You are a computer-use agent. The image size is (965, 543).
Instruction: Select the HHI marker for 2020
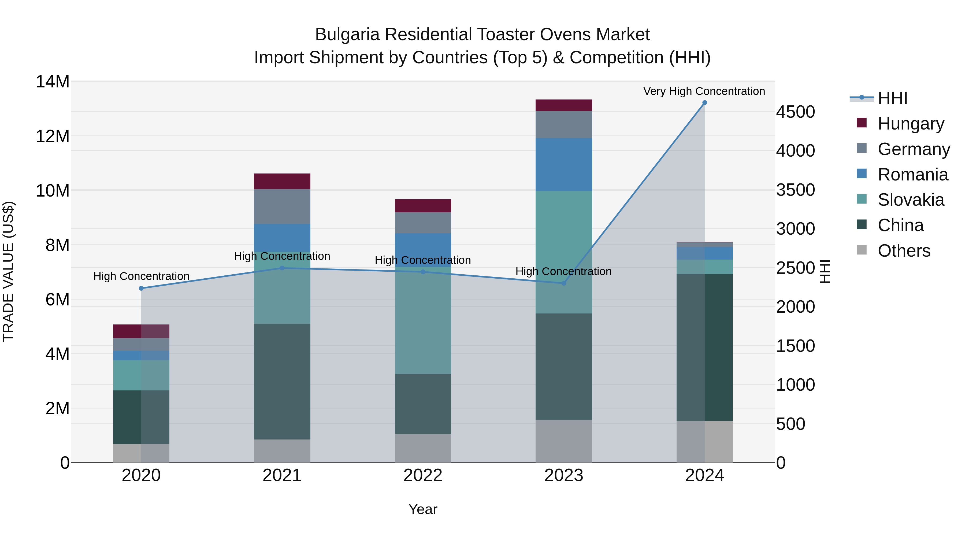point(141,288)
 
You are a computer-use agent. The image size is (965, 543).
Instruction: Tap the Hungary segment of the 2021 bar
point(282,181)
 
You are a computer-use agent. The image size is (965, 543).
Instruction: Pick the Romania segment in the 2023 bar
point(563,165)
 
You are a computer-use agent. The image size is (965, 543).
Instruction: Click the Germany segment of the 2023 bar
point(563,124)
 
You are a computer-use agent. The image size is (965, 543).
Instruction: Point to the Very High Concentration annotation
point(704,91)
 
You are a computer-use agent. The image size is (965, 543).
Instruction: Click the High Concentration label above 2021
point(282,256)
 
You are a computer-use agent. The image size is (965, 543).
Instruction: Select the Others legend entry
point(904,251)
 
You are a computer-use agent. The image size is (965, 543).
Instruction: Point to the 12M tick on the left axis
point(53,136)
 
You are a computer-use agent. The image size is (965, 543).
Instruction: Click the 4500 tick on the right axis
point(795,112)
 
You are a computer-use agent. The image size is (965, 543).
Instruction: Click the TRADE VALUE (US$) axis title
point(8,271)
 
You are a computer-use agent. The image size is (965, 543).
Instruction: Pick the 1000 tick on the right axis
point(795,385)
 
